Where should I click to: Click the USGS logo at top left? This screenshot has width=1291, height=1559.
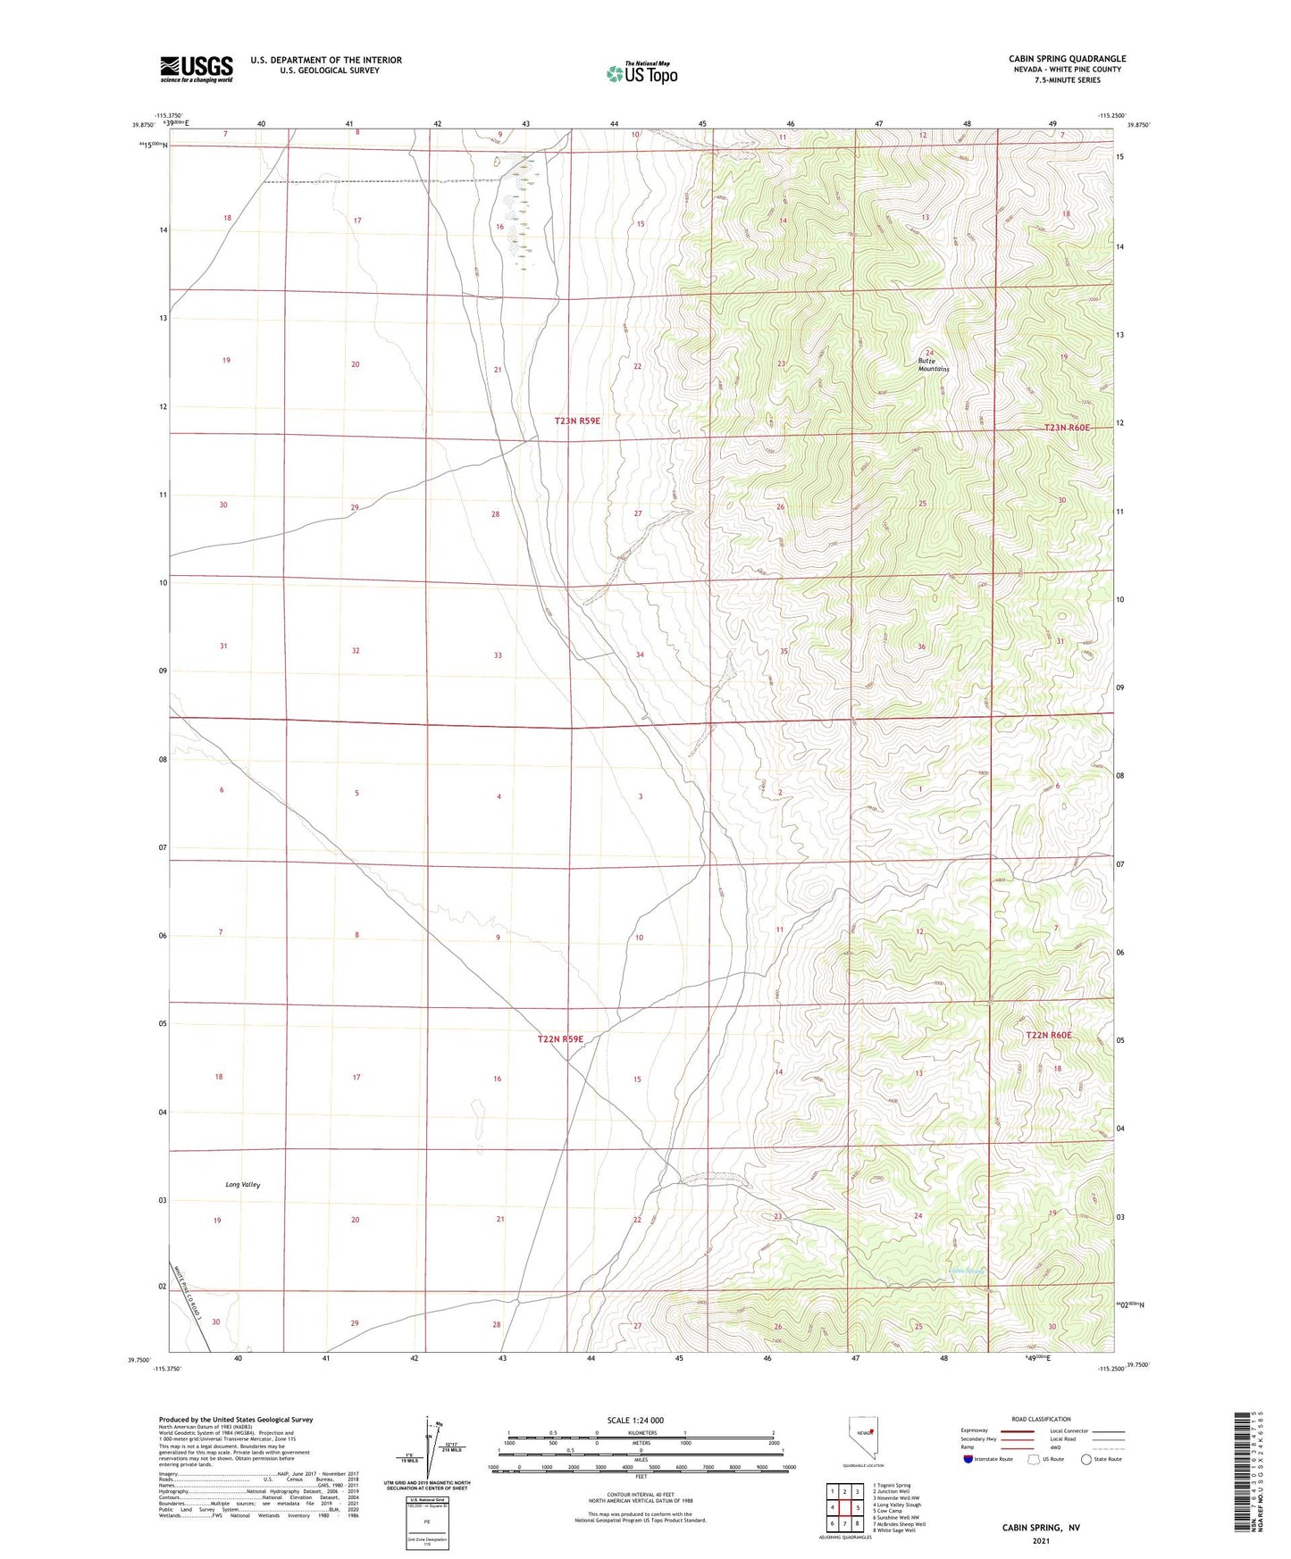(197, 69)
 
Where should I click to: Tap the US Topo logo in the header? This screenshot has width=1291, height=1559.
(641, 73)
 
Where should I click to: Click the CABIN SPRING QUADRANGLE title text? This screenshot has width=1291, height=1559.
(1067, 58)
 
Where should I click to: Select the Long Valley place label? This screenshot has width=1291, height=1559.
(242, 1185)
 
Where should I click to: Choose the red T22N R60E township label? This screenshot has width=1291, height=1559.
(1048, 1035)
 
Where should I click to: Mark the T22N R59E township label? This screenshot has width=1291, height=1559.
(560, 1039)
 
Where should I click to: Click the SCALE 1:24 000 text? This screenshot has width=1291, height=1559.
(635, 1421)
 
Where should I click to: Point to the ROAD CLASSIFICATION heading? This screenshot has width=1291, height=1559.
(1041, 1419)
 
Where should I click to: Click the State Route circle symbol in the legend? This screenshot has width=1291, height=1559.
(1086, 1459)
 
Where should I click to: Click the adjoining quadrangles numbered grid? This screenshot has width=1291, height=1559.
(844, 1507)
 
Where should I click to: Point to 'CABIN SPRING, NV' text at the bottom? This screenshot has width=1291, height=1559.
(1041, 1528)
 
